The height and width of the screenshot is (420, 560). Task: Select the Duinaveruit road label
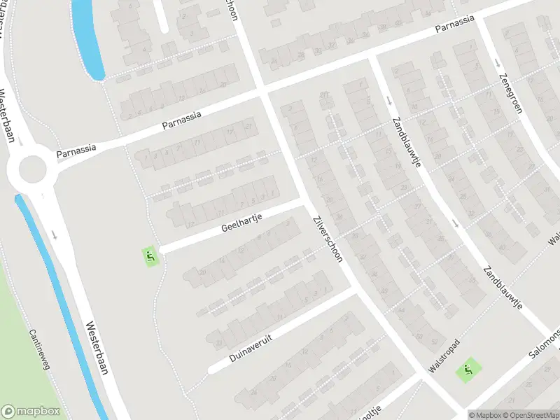[250, 347]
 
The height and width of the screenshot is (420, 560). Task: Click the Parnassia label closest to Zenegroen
[454, 23]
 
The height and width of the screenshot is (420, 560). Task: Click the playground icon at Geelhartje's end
[150, 257]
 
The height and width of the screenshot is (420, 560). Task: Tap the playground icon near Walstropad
[467, 370]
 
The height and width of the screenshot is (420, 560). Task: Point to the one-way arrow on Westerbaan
[54, 234]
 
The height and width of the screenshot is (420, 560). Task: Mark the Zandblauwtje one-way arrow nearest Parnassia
[388, 100]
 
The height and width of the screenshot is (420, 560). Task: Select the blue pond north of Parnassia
[87, 38]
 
